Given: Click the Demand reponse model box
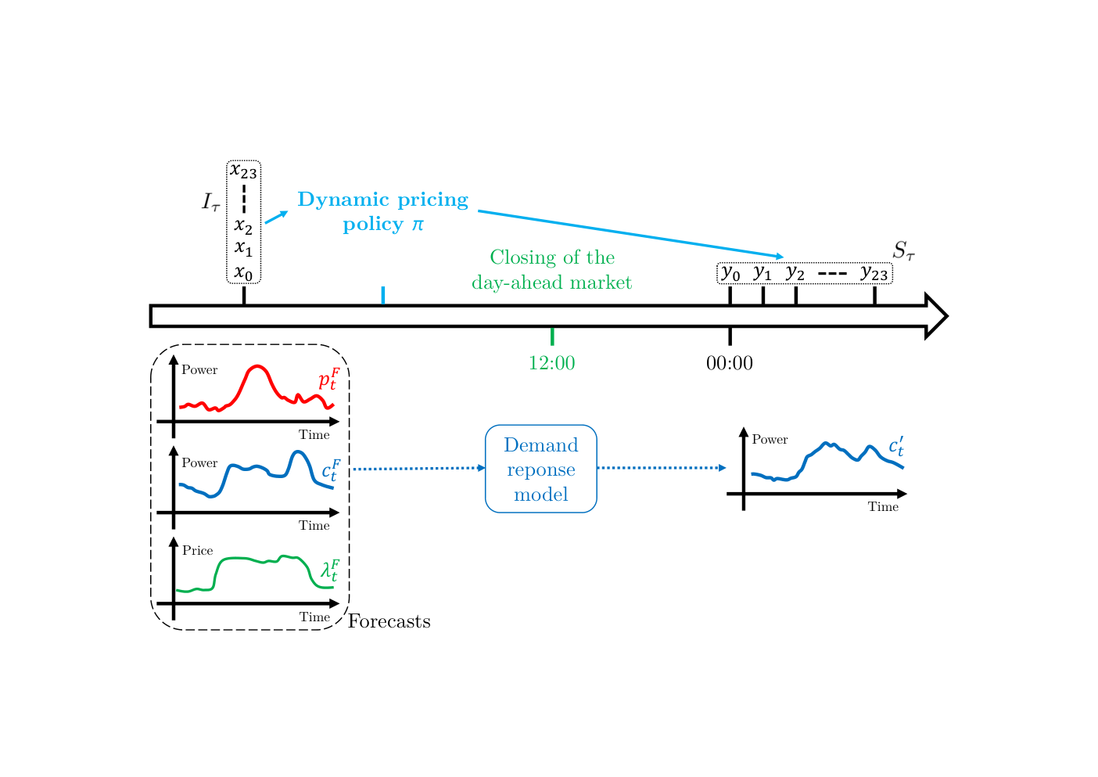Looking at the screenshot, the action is tap(540, 469).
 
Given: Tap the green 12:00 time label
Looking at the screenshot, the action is tap(551, 363).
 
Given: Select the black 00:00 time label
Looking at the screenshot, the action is tap(730, 363).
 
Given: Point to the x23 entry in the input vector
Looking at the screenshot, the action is tap(244, 171).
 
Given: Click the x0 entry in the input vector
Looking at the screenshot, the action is tap(244, 273).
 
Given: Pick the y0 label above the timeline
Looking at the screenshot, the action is tap(730, 273).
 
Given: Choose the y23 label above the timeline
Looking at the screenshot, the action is tap(874, 273).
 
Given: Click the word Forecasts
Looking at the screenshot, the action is tap(389, 621).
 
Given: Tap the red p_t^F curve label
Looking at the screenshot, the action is tap(329, 380).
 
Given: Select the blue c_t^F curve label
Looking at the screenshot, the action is tap(331, 470).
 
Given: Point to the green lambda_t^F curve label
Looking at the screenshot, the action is tap(330, 570).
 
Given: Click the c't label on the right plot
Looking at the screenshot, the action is tap(896, 445).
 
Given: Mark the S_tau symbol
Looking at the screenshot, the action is tap(903, 250).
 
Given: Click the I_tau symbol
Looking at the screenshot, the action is tap(211, 202).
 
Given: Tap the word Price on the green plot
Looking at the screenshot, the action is tap(198, 550).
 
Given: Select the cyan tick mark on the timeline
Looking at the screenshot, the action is tap(383, 295).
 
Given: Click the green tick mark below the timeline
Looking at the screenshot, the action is tap(552, 336).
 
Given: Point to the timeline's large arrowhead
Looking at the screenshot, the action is tap(936, 316).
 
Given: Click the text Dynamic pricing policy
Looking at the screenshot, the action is tap(383, 211).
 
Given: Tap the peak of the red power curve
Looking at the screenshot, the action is tap(257, 366).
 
